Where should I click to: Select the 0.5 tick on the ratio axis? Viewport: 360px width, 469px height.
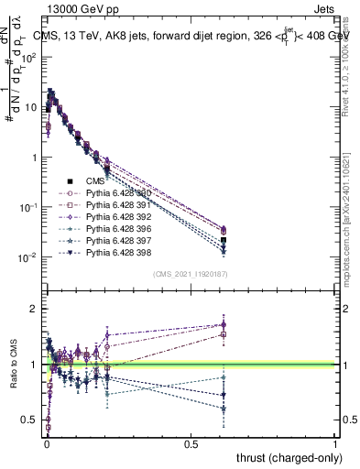coord(29,420)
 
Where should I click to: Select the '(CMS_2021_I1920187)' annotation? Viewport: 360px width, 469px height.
coord(190,274)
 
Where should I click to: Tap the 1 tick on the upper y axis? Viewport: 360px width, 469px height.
coord(34,158)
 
